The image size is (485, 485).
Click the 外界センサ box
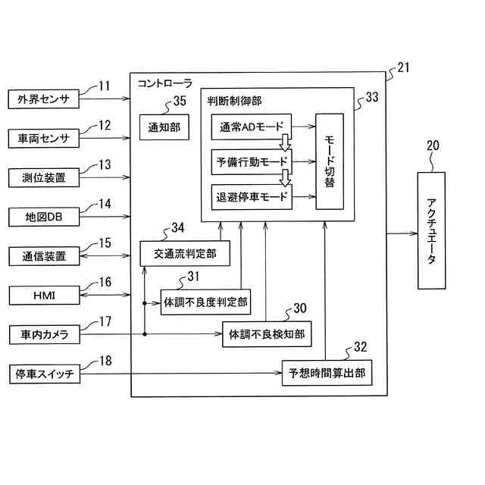click(x=44, y=99)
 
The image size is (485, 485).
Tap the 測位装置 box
click(x=44, y=177)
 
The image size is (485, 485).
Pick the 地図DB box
click(x=44, y=217)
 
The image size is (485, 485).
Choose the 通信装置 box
click(x=44, y=256)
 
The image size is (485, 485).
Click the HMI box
click(x=44, y=295)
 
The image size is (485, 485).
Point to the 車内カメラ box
click(x=44, y=334)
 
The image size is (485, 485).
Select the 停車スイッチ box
click(x=44, y=374)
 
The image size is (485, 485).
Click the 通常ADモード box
click(x=251, y=127)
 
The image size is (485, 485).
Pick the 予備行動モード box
click(x=251, y=162)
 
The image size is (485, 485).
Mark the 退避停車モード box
click(x=251, y=197)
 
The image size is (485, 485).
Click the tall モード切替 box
click(x=330, y=161)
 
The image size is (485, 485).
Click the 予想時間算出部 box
click(x=327, y=374)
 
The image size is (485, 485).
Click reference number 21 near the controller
click(x=403, y=68)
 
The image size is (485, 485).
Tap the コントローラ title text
click(x=164, y=83)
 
